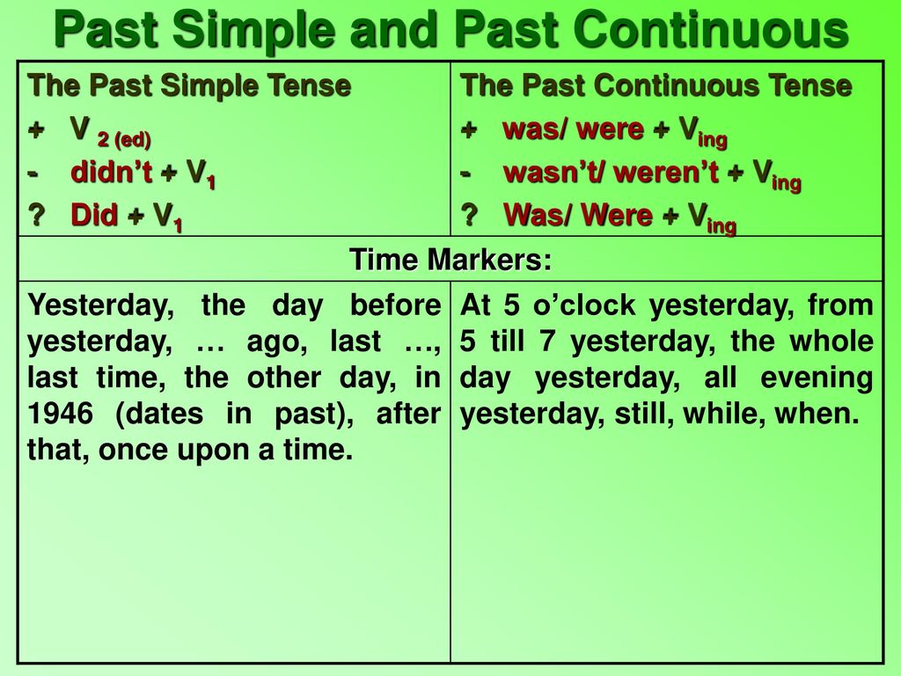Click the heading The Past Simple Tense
point(189,85)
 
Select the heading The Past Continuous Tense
point(656,85)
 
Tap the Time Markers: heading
point(450,260)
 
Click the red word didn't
point(112,172)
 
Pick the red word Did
point(94,215)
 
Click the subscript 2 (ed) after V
point(124,139)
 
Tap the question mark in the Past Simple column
point(36,215)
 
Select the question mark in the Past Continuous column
point(470,215)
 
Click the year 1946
point(61,414)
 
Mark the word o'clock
point(584,305)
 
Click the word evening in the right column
point(817,378)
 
